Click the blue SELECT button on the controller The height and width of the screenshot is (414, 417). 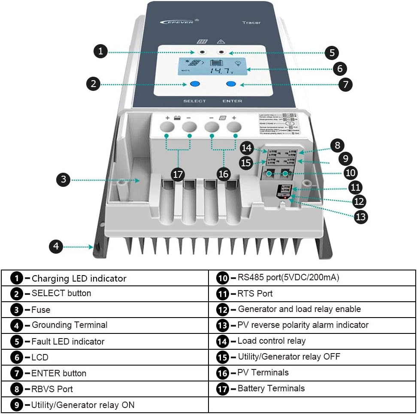click(x=195, y=84)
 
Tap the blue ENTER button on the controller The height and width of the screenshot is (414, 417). click(x=231, y=84)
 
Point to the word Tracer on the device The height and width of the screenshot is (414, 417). click(x=251, y=23)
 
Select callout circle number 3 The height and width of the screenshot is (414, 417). click(x=63, y=180)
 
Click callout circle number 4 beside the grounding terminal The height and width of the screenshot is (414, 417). click(x=56, y=246)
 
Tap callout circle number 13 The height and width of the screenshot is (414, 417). click(x=361, y=217)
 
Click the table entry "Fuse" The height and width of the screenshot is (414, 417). click(x=41, y=309)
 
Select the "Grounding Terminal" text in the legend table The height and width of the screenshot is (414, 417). click(x=69, y=325)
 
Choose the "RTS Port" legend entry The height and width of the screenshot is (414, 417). click(x=255, y=294)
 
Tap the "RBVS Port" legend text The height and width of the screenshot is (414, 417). click(x=52, y=389)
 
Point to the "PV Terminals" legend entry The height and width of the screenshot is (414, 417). click(x=263, y=372)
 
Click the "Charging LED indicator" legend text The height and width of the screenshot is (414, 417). click(x=79, y=279)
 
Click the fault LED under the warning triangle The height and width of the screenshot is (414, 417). click(x=222, y=52)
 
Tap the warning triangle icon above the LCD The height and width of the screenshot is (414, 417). click(x=221, y=42)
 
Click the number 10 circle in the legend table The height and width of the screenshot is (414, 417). click(x=222, y=278)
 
